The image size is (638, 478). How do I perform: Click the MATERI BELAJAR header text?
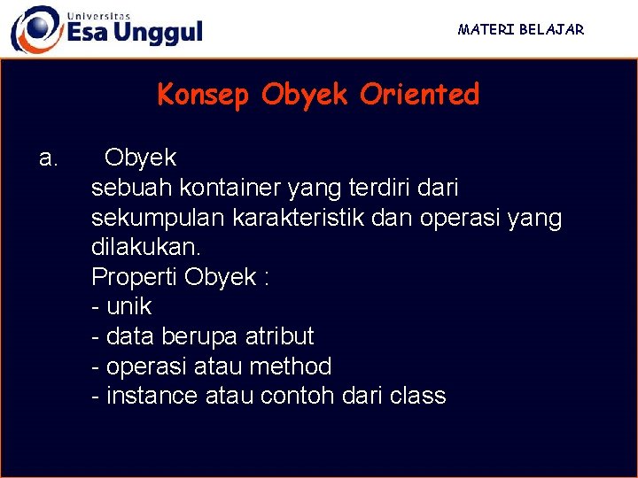tap(521, 29)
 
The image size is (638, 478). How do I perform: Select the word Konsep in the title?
tap(204, 95)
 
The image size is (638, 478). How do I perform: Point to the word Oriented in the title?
tap(419, 95)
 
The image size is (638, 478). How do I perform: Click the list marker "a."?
tap(49, 158)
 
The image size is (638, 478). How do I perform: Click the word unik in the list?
tap(128, 307)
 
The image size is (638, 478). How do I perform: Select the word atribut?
tap(279, 337)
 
